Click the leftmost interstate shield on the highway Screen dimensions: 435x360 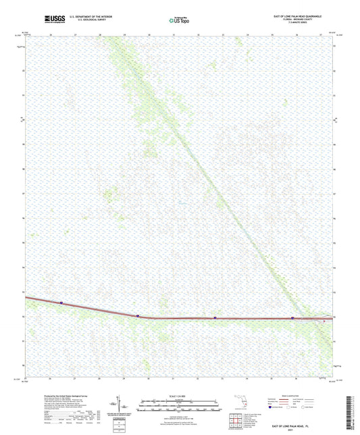click(x=61, y=303)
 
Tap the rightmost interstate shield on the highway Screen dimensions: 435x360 click(x=292, y=317)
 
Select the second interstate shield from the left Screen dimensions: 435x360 click(x=137, y=315)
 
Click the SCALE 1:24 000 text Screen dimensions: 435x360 click(x=178, y=397)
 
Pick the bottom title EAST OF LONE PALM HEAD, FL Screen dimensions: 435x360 click(x=289, y=427)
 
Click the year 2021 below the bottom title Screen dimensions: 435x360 click(x=289, y=431)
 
